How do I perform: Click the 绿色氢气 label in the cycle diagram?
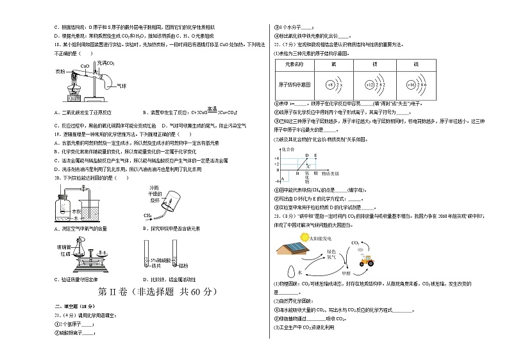click(x=332, y=251)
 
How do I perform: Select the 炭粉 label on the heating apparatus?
click(x=61, y=71)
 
